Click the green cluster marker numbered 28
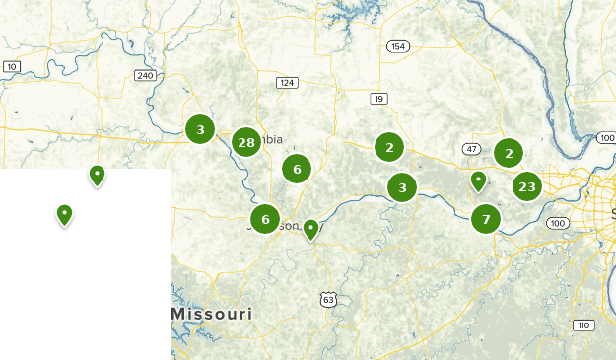pyautogui.click(x=246, y=143)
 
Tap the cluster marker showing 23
pyautogui.click(x=527, y=185)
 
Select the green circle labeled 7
pyautogui.click(x=486, y=218)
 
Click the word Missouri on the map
pyautogui.click(x=211, y=314)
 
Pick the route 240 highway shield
pyautogui.click(x=146, y=75)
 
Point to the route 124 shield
pyautogui.click(x=287, y=83)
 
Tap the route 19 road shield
pyautogui.click(x=378, y=98)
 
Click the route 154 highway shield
pyautogui.click(x=398, y=46)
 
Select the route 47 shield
pyautogui.click(x=472, y=149)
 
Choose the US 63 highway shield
pyautogui.click(x=327, y=299)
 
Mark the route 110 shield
pyautogui.click(x=582, y=325)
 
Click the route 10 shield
pyautogui.click(x=12, y=66)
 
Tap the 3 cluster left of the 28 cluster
pyautogui.click(x=200, y=128)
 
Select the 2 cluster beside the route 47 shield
pyautogui.click(x=509, y=152)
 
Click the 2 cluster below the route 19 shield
pyautogui.click(x=390, y=147)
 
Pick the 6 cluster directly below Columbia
pyautogui.click(x=297, y=169)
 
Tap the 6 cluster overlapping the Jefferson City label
pyautogui.click(x=265, y=218)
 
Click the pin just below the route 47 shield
pyautogui.click(x=478, y=180)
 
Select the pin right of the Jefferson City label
pyautogui.click(x=310, y=229)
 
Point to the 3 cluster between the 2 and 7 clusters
pyautogui.click(x=402, y=186)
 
